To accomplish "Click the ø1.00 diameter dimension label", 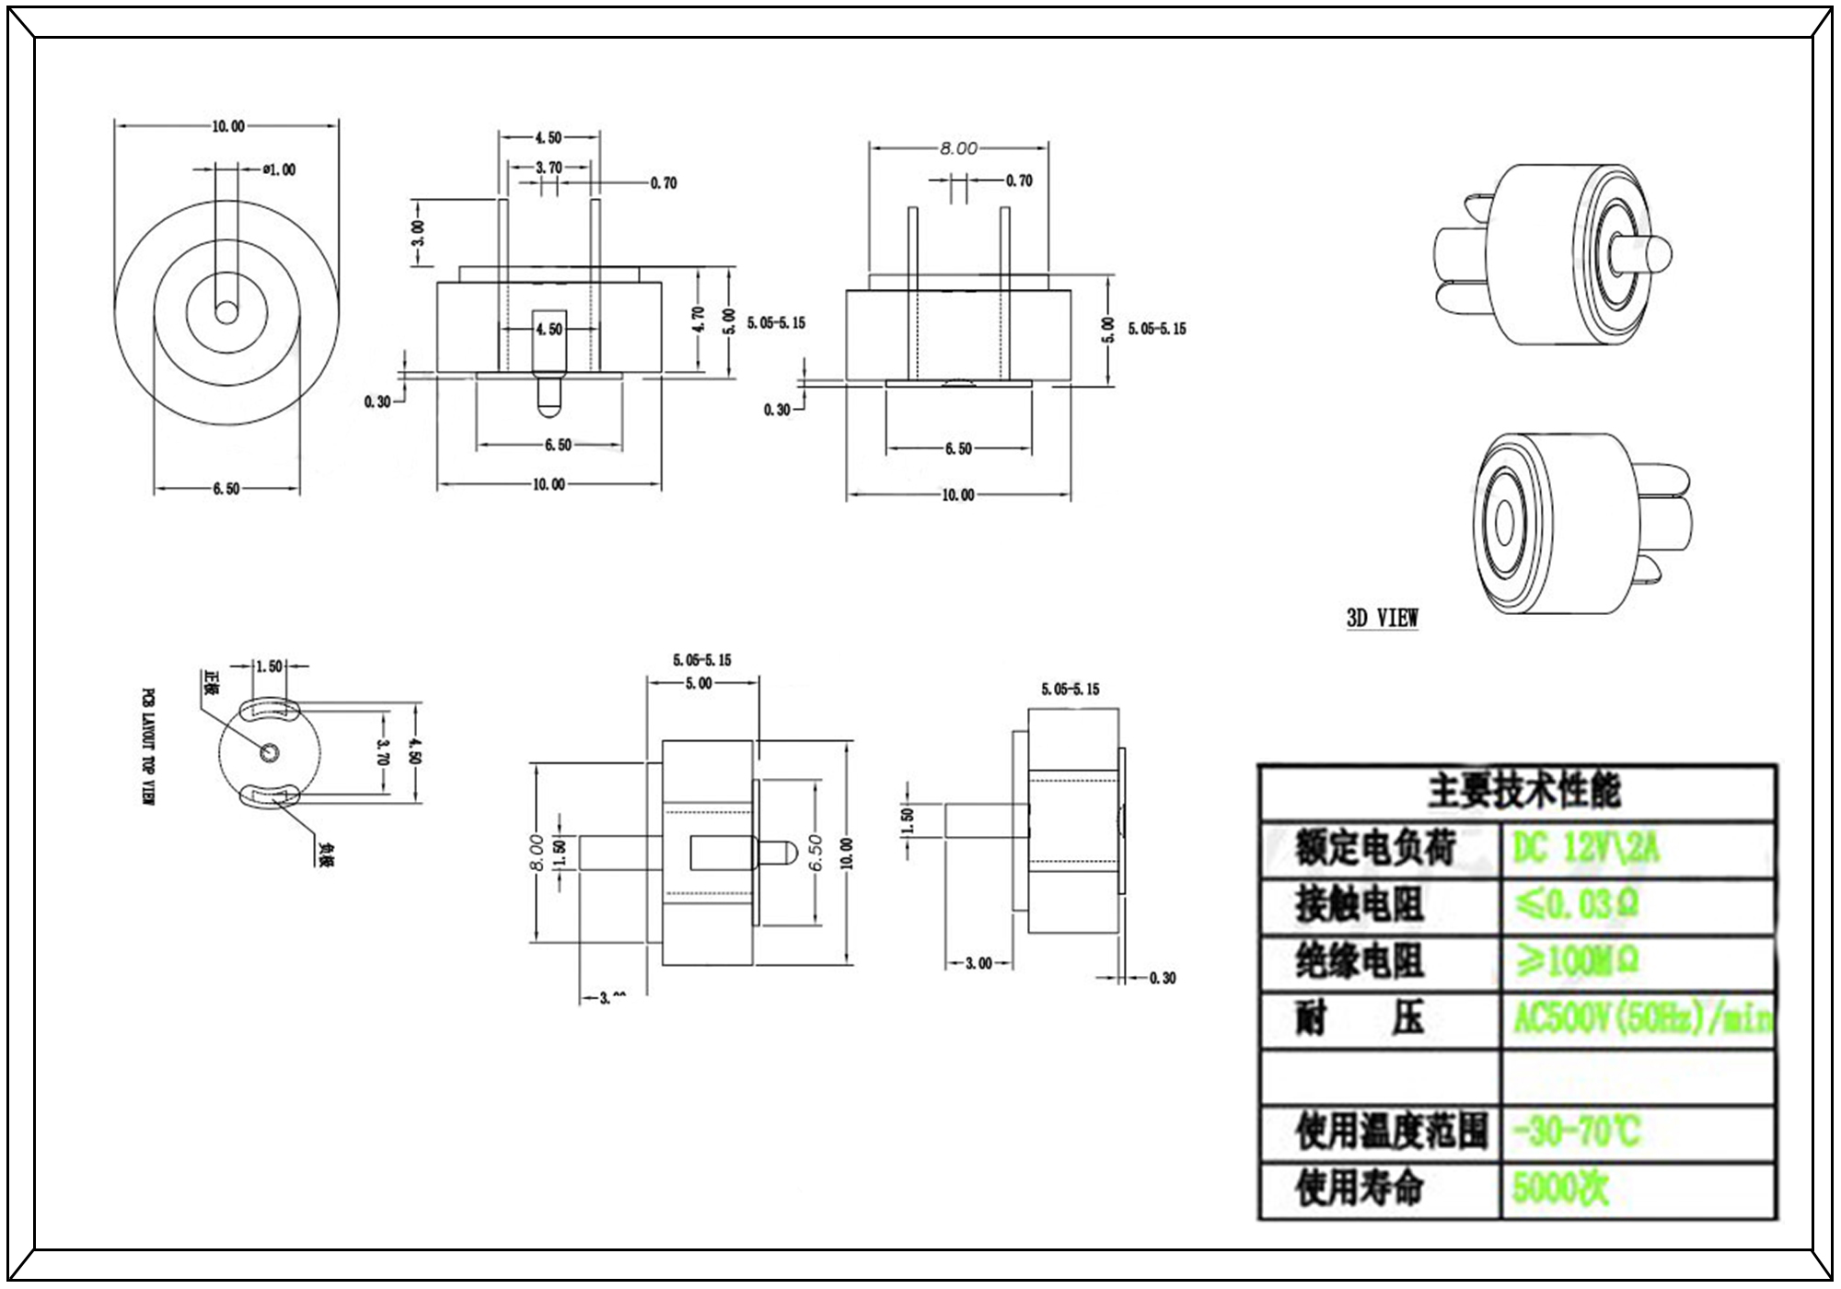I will [x=279, y=169].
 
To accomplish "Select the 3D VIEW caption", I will [x=1382, y=618].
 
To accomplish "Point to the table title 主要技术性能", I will [x=1523, y=791].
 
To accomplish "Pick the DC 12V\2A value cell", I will [x=1585, y=848].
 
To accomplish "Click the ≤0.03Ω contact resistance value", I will [x=1576, y=905].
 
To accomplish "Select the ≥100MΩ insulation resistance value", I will [x=1576, y=962].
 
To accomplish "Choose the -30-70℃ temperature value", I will [x=1576, y=1132].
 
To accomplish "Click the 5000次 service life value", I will [x=1560, y=1189].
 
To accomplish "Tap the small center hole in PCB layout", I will [x=270, y=752].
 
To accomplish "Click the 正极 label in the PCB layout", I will [x=211, y=684].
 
